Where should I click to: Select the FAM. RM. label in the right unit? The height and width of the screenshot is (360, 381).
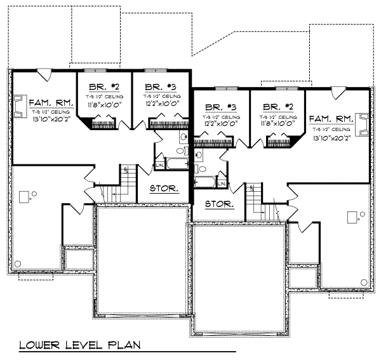point(331,119)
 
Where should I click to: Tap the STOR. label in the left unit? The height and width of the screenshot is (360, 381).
point(164,189)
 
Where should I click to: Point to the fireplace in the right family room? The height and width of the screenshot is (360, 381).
point(363,124)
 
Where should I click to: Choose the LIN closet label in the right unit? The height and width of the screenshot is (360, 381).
point(222,182)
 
